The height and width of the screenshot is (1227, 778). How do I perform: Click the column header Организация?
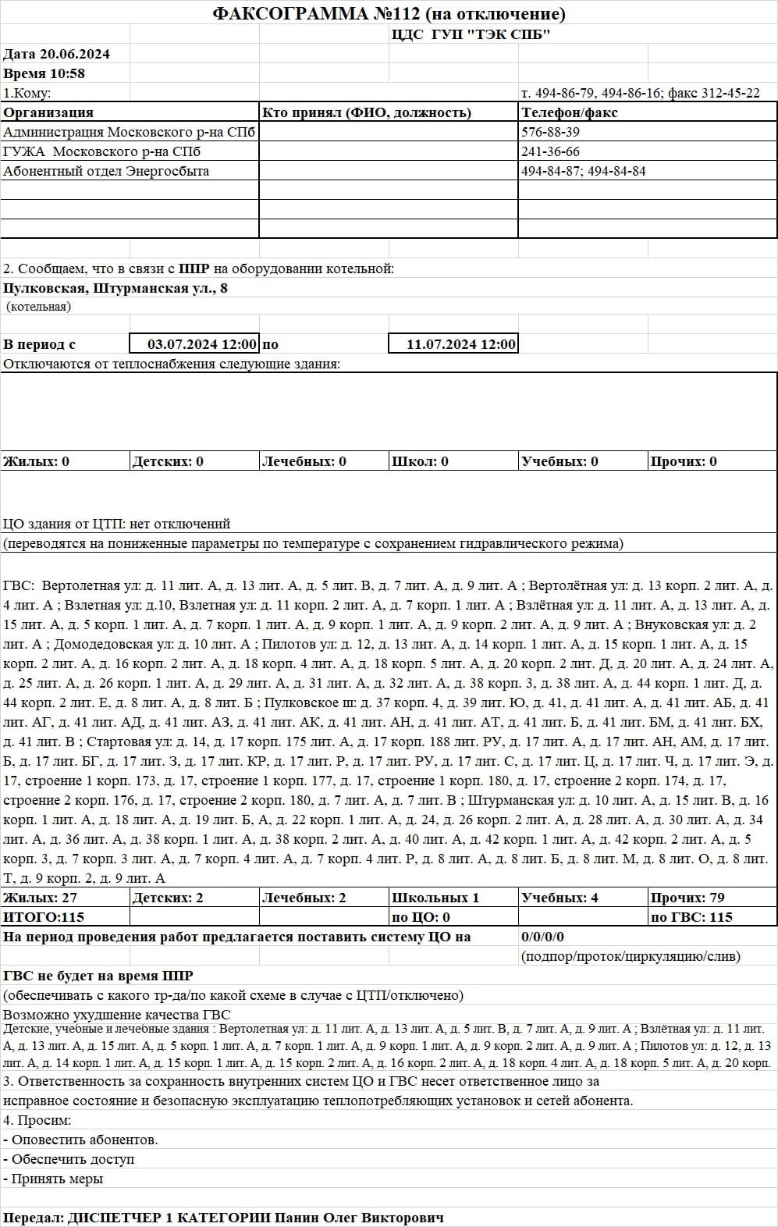point(48,112)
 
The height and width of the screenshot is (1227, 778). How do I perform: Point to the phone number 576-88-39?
point(550,132)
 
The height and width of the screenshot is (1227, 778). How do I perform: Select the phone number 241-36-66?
point(550,151)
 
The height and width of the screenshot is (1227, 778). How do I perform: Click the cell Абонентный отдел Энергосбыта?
point(106,171)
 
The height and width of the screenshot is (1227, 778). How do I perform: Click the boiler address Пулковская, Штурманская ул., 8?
point(115,288)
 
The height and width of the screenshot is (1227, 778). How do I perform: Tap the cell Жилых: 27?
point(41,898)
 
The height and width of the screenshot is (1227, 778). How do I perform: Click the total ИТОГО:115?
point(44,917)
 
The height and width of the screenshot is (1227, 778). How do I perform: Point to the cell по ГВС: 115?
point(691,917)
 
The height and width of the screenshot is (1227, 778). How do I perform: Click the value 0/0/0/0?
point(542,937)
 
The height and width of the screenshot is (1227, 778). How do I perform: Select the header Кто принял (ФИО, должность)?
point(367,112)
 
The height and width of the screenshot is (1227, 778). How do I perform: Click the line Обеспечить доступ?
point(72,1159)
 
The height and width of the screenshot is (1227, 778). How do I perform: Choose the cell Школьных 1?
point(435,898)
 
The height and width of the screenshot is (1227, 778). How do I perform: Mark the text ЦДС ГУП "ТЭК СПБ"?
point(471,34)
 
